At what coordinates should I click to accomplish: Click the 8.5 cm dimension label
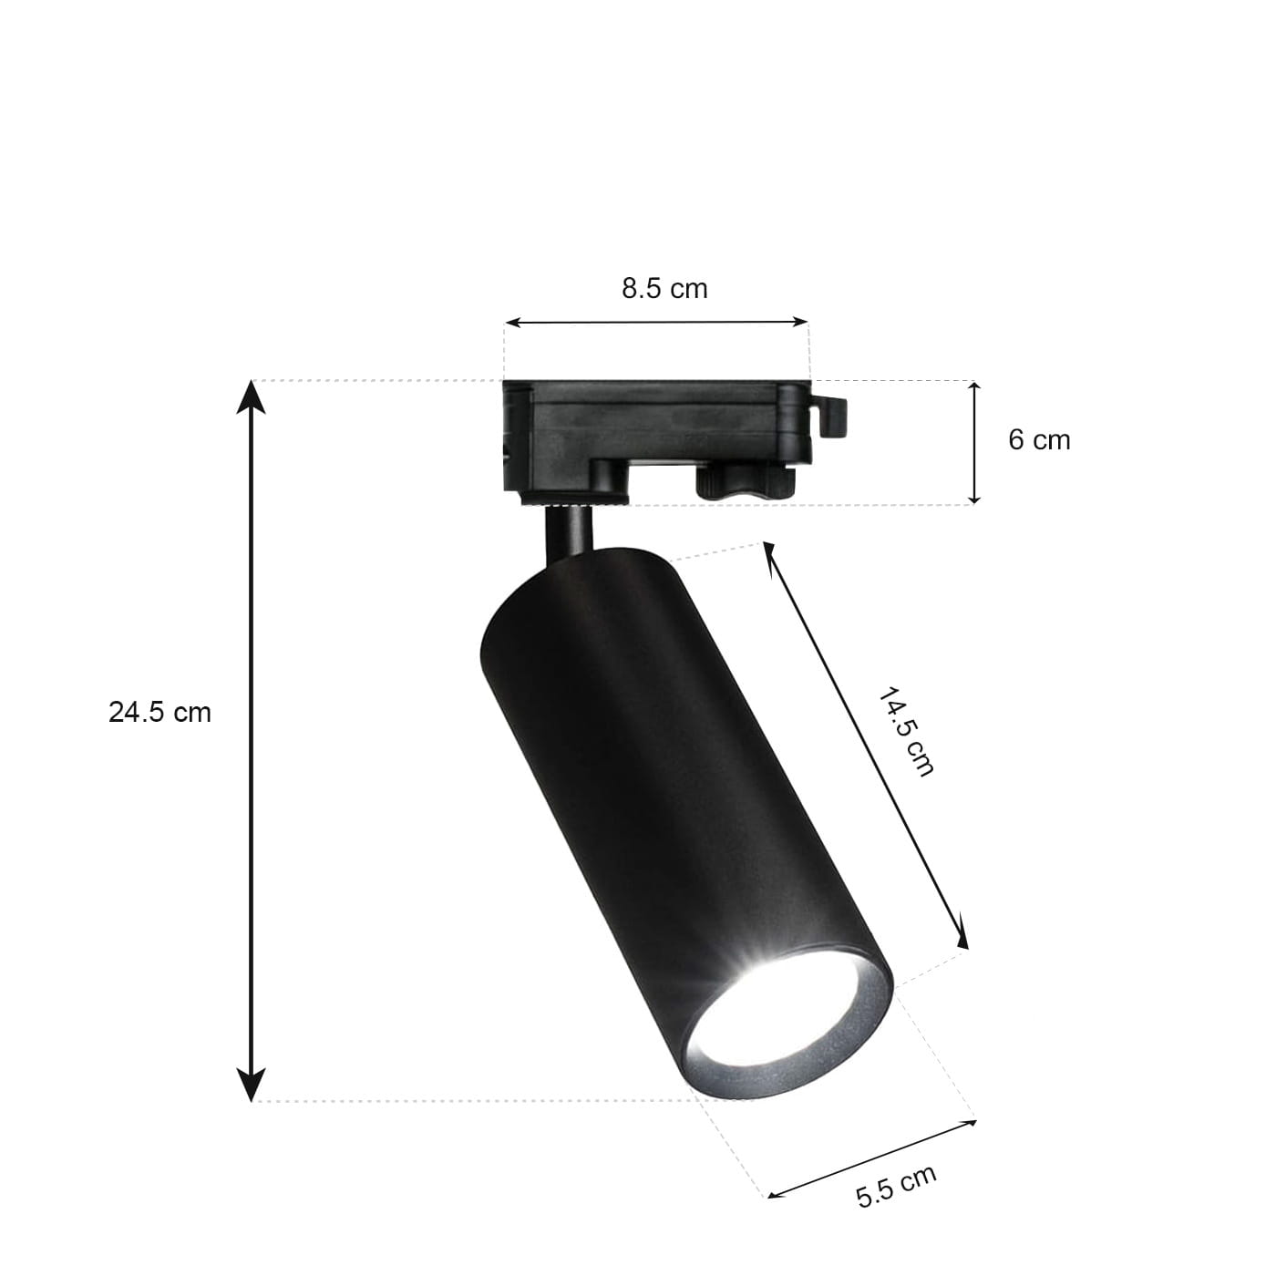(664, 289)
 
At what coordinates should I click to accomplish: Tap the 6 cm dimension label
(1038, 440)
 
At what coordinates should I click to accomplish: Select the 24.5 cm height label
(159, 713)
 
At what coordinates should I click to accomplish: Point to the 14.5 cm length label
(905, 732)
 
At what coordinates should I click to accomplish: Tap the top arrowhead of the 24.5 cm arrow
(251, 396)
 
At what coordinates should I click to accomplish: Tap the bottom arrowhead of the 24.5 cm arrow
(251, 1086)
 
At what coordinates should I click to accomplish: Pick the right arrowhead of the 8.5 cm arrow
(800, 323)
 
